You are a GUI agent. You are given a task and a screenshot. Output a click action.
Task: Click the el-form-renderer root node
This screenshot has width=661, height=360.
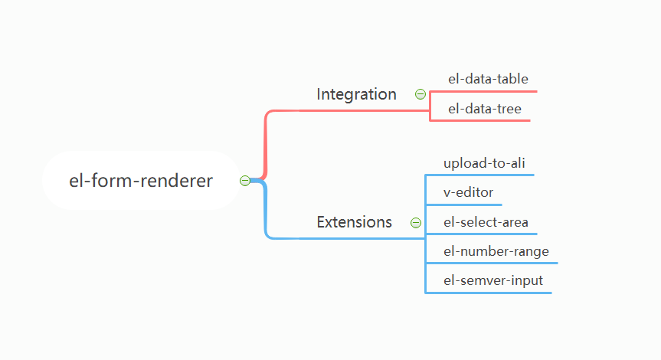click(x=141, y=181)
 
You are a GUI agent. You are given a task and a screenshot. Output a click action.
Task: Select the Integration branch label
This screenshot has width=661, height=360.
click(x=356, y=94)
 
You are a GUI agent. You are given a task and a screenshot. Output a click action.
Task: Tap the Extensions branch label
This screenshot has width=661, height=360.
click(x=354, y=222)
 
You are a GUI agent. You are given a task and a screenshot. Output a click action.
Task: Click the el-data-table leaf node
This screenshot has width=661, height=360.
click(x=488, y=79)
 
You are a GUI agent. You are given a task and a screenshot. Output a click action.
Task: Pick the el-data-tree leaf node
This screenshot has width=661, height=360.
click(x=484, y=109)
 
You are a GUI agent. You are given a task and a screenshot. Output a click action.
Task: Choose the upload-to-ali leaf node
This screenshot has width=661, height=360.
click(x=484, y=163)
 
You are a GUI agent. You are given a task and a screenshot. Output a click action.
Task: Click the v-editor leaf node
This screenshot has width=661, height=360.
click(x=468, y=192)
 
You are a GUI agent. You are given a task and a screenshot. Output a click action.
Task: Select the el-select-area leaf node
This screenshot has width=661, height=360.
click(x=486, y=222)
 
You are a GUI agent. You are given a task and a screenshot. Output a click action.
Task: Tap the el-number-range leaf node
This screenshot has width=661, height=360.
click(x=496, y=251)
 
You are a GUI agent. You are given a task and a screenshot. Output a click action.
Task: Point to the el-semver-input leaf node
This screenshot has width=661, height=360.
click(x=492, y=280)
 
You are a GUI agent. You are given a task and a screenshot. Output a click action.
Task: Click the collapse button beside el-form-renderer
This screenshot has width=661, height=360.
click(x=245, y=181)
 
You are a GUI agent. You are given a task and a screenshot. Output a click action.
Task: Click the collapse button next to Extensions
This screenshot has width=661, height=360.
click(x=416, y=223)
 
